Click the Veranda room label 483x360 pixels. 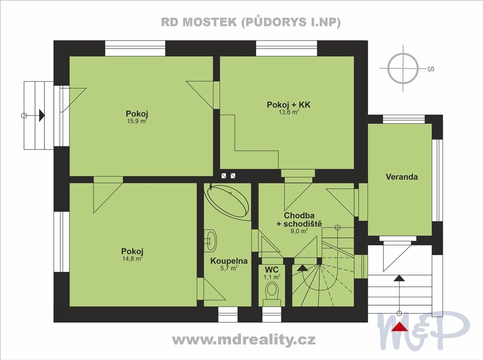[402, 177]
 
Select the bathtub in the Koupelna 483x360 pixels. [228, 202]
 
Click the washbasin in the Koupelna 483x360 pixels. [211, 240]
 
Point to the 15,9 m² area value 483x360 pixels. [137, 121]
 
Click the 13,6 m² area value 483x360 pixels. [289, 112]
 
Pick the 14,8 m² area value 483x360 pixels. [132, 259]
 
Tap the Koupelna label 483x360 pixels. [229, 261]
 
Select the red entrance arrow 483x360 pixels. [400, 327]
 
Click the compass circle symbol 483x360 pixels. [403, 68]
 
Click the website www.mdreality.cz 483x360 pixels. [244, 340]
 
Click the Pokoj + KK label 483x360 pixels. [289, 105]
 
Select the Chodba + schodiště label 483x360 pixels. [299, 219]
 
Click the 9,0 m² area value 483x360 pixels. [299, 231]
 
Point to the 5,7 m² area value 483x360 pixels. [229, 268]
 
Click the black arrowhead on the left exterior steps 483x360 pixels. [42, 115]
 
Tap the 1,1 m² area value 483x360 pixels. [272, 277]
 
